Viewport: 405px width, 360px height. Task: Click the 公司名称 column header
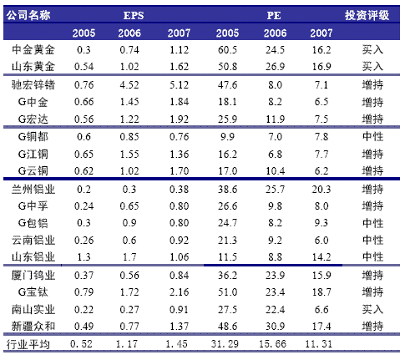28,15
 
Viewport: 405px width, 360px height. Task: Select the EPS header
134,15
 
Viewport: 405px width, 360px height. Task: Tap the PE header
274,15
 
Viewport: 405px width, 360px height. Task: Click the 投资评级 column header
367,15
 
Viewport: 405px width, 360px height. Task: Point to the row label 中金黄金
33,50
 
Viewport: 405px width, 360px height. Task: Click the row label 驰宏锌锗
33,85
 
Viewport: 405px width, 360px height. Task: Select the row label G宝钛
33,292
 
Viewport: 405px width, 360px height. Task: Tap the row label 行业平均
28,344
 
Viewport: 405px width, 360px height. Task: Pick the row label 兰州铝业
33,190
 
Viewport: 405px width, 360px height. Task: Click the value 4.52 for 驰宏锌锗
129,85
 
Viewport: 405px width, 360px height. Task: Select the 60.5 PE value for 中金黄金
227,50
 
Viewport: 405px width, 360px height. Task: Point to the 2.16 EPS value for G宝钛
180,292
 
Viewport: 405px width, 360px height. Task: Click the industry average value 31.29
225,344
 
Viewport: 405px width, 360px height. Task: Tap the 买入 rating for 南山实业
372,309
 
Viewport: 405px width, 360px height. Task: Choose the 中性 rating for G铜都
372,136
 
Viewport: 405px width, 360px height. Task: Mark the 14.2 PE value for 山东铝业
321,257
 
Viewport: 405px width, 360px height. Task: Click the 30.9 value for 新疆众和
275,326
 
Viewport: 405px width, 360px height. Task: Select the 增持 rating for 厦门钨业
372,275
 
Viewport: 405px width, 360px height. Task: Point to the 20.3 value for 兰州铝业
321,190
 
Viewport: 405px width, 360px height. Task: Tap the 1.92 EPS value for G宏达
180,119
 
